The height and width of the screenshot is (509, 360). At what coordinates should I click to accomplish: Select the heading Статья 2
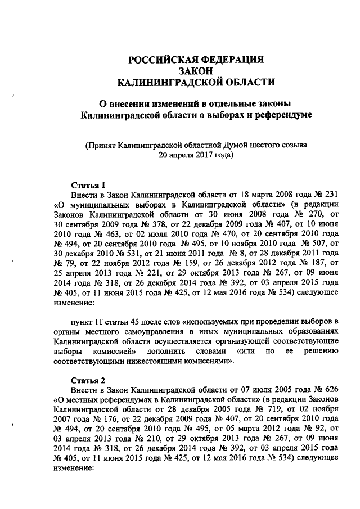pyautogui.click(x=88, y=379)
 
